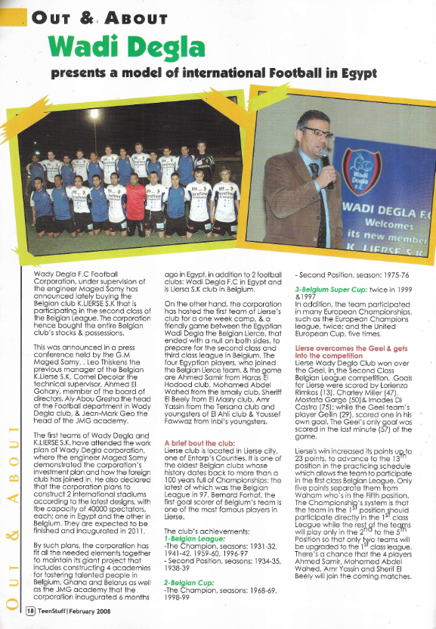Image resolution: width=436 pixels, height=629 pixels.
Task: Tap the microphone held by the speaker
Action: coord(325,158)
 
